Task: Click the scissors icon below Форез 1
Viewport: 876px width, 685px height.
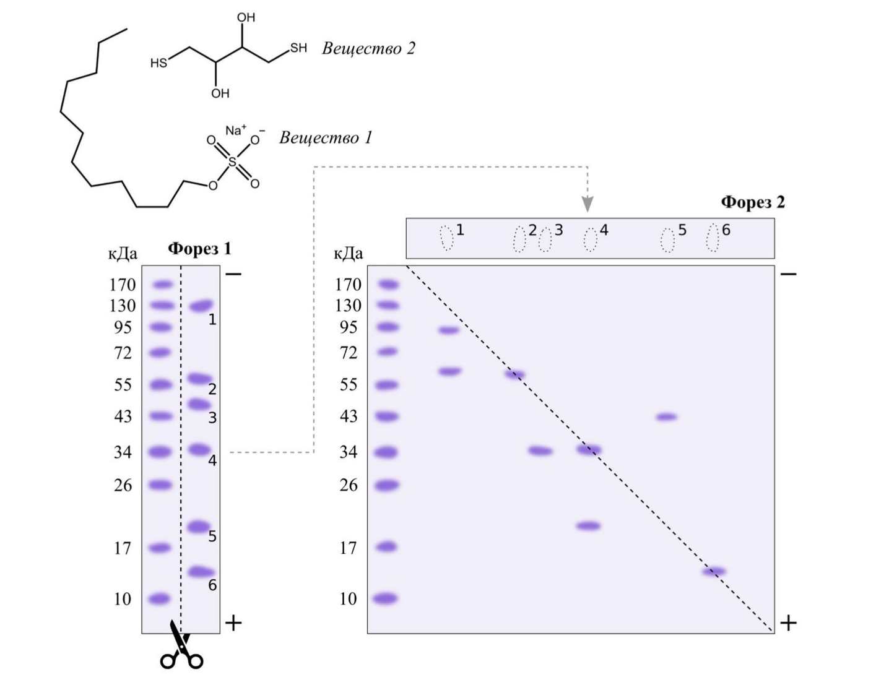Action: click(181, 647)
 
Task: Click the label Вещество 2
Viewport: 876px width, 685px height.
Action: click(368, 48)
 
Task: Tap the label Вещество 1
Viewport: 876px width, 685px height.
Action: click(326, 137)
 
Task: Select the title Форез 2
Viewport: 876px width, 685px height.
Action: click(753, 202)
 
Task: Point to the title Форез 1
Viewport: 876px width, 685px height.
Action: click(199, 249)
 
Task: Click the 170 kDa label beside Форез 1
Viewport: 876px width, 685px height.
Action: click(122, 285)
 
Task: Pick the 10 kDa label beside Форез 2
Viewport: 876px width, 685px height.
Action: click(348, 599)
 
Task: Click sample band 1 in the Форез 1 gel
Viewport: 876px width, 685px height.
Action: click(201, 306)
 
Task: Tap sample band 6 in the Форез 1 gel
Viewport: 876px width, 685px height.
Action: click(201, 572)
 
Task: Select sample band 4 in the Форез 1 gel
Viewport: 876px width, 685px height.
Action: click(199, 449)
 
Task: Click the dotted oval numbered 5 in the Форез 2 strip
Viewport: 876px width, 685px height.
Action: click(667, 240)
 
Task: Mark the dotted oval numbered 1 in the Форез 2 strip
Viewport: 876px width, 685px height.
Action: click(446, 238)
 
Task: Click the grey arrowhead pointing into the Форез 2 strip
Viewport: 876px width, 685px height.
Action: click(588, 204)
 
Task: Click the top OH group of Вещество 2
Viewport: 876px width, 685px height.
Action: click(246, 17)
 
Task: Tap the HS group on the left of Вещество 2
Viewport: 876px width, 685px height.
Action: click(158, 62)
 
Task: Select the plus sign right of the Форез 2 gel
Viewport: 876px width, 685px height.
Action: click(788, 623)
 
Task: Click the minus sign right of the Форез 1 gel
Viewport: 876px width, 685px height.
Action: click(233, 274)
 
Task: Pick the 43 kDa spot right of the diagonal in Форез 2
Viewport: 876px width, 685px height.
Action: click(666, 417)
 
